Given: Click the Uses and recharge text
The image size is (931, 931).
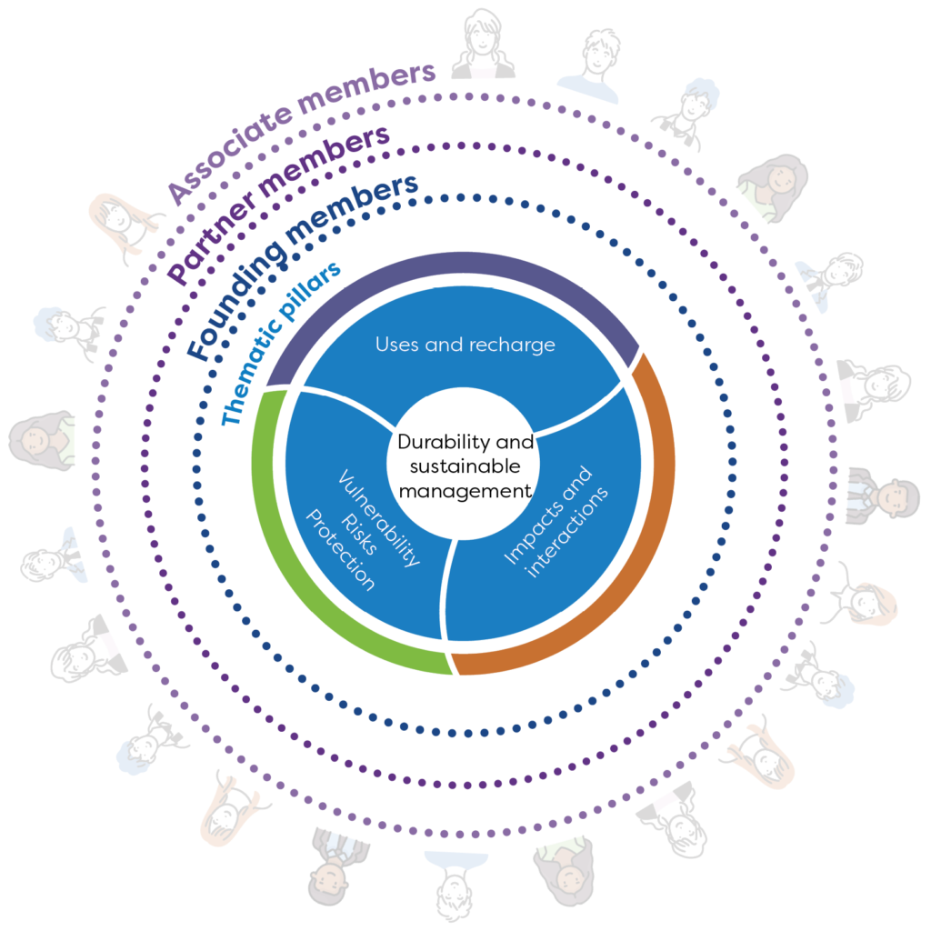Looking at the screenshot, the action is pos(465,345).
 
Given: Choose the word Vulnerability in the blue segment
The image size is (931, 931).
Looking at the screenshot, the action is pos(379,517).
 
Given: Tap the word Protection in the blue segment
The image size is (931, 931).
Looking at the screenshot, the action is pos(340,550).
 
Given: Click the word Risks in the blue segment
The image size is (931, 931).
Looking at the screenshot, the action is pos(358,535).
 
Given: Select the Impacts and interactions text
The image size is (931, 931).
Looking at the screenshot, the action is pos(556,523).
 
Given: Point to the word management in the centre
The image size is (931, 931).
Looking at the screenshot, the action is pos(465,492).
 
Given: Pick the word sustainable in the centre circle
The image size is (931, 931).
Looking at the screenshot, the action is pos(465,466).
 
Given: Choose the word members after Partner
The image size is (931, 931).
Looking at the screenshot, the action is pos(324,159).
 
